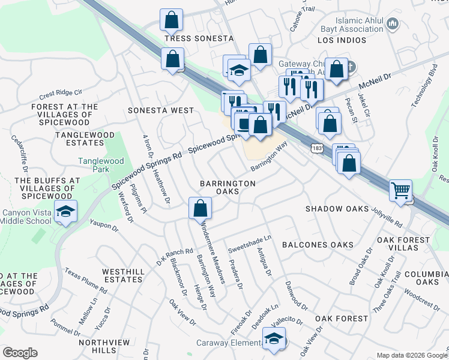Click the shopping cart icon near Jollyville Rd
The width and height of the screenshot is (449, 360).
(400, 191)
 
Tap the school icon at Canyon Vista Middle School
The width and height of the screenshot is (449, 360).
(65, 211)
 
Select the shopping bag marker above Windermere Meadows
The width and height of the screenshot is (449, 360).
(200, 209)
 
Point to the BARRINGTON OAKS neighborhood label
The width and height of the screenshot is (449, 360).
(228, 187)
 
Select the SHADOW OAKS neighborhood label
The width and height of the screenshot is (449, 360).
(336, 209)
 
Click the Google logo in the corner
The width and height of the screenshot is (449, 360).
(20, 353)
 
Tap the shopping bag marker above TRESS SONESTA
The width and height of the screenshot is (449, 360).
(172, 20)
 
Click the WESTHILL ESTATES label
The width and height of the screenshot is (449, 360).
(123, 276)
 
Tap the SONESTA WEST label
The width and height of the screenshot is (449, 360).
(161, 110)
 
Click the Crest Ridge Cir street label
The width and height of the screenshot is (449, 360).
(60, 94)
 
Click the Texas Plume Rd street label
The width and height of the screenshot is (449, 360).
(85, 281)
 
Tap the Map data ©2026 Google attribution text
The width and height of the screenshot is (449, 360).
(412, 355)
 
